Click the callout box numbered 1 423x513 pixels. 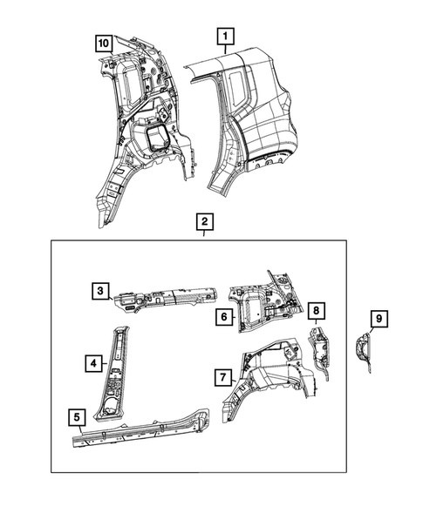(225, 36)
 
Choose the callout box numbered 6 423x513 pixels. (223, 318)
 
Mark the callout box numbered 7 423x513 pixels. (223, 376)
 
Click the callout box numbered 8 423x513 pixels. (317, 309)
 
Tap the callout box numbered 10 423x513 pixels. (104, 43)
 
